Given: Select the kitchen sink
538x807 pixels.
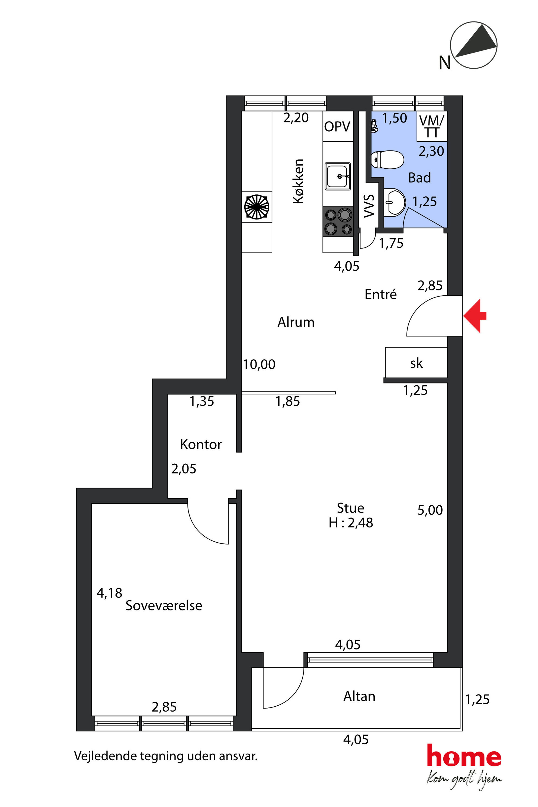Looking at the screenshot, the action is (x=338, y=176).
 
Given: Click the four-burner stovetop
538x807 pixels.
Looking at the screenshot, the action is (x=338, y=221).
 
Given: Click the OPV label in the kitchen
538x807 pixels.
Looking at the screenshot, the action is (x=337, y=127).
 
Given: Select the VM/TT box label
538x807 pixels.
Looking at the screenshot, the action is (x=432, y=126).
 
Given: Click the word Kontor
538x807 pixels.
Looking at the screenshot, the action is (x=201, y=444).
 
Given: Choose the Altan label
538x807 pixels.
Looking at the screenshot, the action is (x=359, y=696).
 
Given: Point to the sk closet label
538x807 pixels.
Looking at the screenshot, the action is (x=417, y=363).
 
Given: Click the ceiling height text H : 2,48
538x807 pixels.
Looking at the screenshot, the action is (x=351, y=523).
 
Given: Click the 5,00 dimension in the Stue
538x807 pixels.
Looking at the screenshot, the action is (x=430, y=510).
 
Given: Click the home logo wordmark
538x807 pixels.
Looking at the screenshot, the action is (x=464, y=755).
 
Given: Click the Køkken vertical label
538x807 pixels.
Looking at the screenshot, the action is (x=298, y=181).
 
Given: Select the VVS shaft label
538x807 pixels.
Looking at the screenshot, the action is (x=369, y=206).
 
